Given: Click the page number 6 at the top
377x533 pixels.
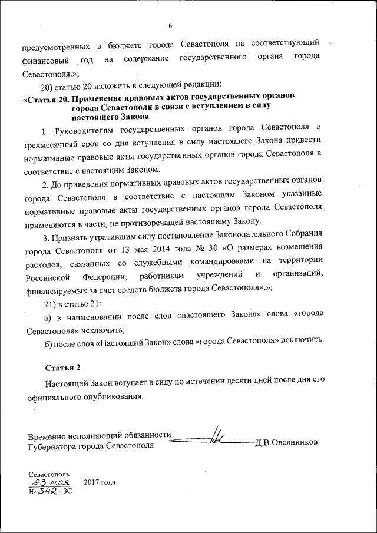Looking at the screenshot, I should [170, 25].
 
